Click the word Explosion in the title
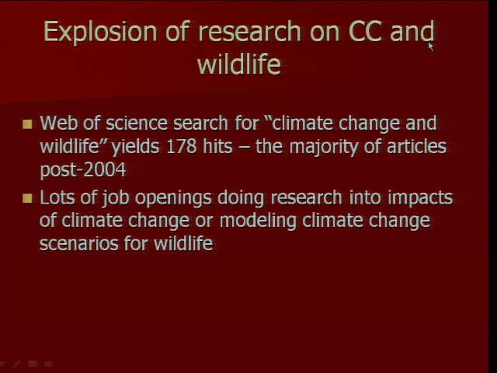[100, 33]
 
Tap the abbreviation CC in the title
[365, 32]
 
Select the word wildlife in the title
[239, 64]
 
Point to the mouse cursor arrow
[431, 47]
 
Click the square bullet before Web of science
[28, 124]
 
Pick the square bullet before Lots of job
[28, 199]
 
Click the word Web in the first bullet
[59, 123]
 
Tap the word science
[135, 123]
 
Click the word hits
[217, 147]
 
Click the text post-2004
[83, 170]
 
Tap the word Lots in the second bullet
[57, 197]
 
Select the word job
[116, 199]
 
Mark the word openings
[173, 199]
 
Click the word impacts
[420, 198]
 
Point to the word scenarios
[78, 244]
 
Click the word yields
[135, 148]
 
